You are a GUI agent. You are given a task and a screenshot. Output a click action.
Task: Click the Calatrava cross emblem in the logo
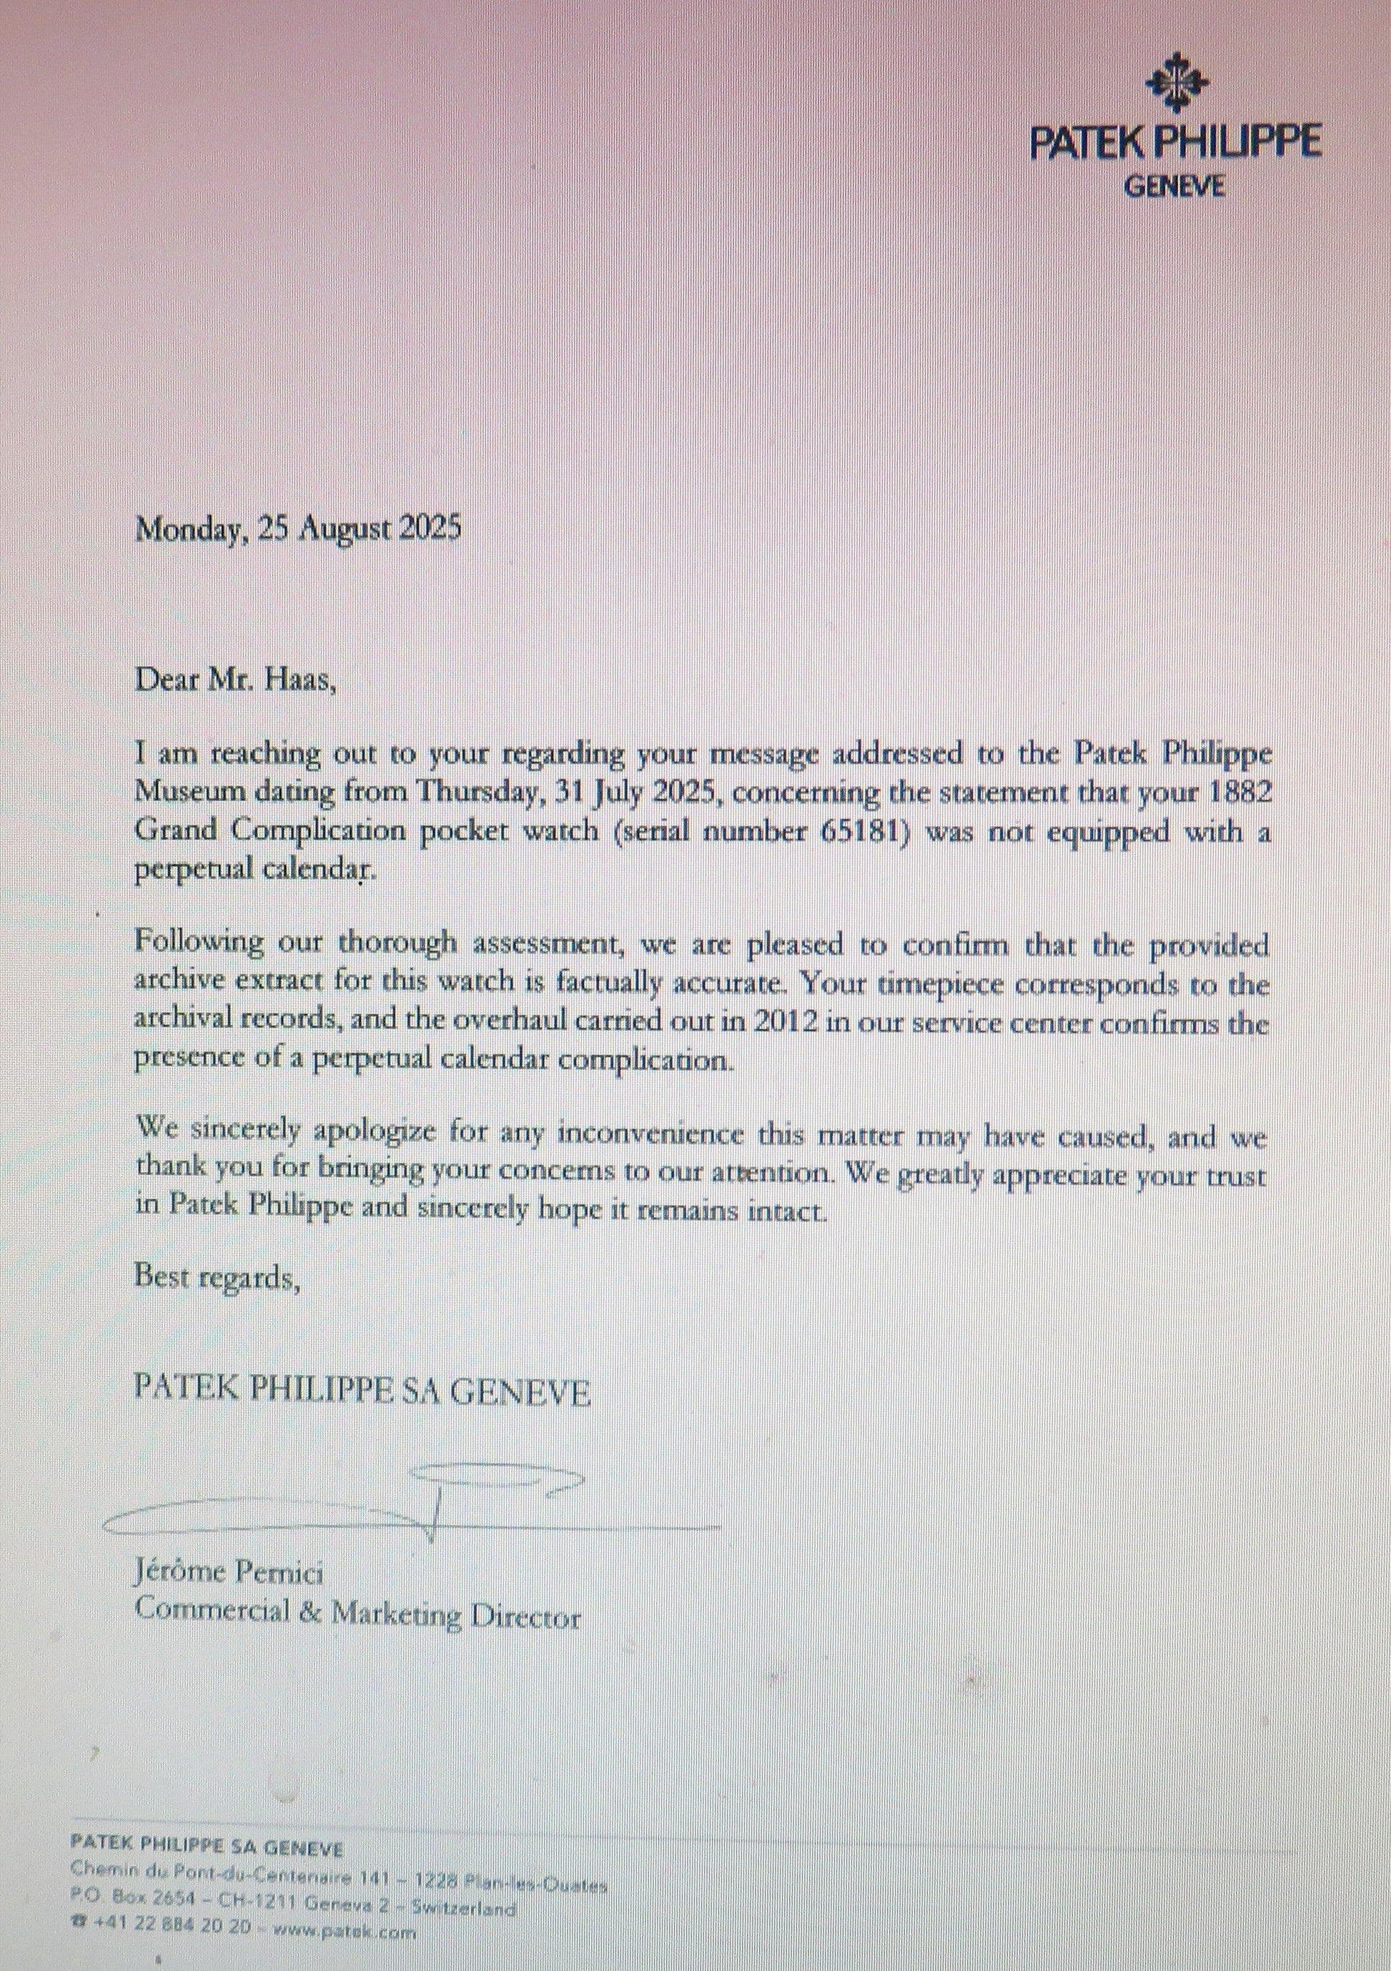[1177, 81]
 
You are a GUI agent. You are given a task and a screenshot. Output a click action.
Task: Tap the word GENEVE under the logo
[1174, 187]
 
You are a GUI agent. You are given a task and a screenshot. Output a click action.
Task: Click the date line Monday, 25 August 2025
[298, 526]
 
